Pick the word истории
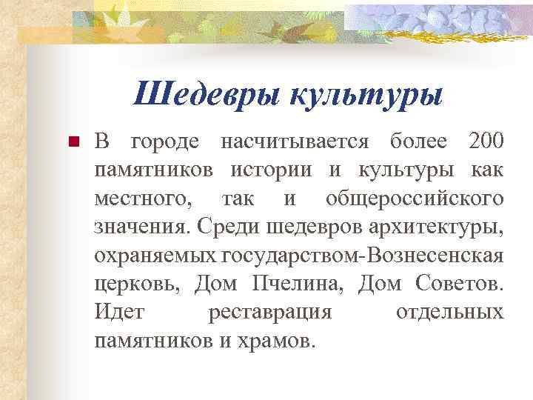[281, 170]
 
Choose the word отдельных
[449, 313]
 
